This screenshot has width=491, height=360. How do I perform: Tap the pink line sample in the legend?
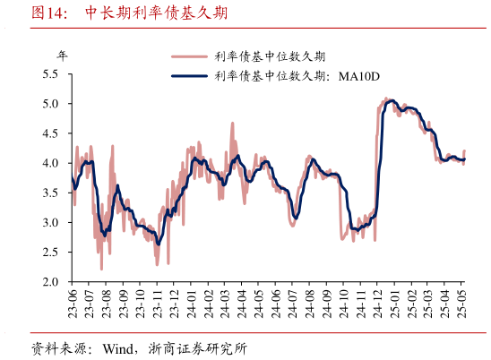pos(190,56)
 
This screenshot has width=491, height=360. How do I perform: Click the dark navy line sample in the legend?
pos(190,76)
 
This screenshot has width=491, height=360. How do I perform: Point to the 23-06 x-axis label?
pos(73,303)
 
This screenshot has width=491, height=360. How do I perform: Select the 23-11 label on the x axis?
pos(158,303)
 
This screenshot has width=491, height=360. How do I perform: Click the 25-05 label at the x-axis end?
pos(463,303)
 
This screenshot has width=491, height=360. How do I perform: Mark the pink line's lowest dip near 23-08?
pos(101,269)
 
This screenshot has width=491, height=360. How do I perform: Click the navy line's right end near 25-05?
pos(464,159)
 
